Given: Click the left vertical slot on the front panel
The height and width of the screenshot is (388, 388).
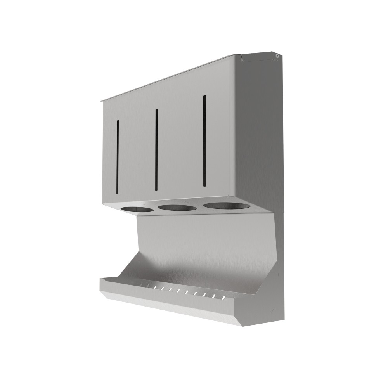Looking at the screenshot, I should pyautogui.click(x=117, y=157).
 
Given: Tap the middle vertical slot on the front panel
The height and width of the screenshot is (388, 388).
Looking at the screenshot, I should pyautogui.click(x=156, y=150).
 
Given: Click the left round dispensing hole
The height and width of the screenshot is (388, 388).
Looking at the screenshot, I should pyautogui.click(x=137, y=210).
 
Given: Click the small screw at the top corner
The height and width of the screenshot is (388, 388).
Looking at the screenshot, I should pyautogui.click(x=277, y=56).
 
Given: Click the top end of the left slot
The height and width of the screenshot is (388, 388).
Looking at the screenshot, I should pyautogui.click(x=117, y=122).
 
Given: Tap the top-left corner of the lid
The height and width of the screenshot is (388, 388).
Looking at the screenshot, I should pyautogui.click(x=102, y=101).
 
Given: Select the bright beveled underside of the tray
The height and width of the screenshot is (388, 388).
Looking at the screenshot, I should pyautogui.click(x=171, y=307).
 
